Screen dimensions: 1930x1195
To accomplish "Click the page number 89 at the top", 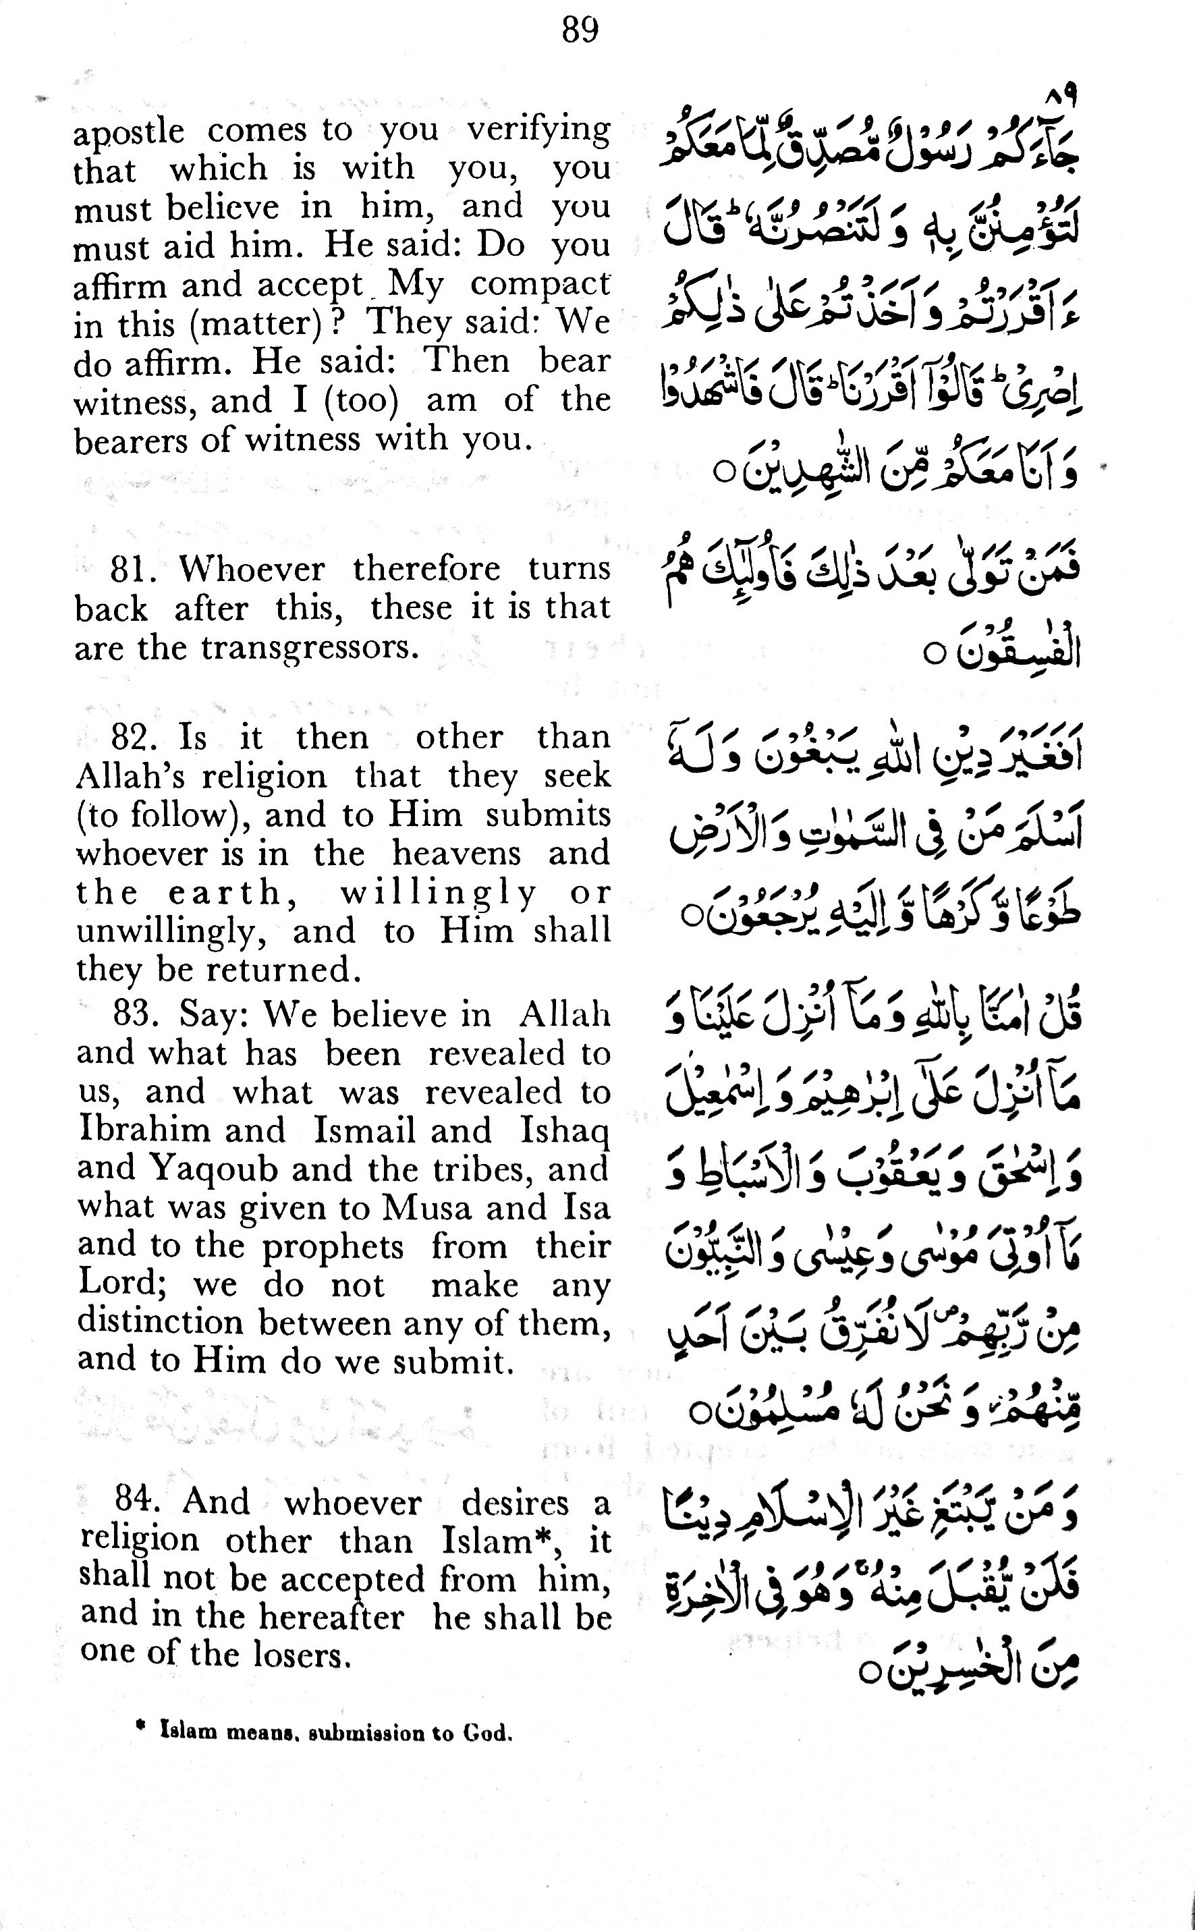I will point(580,31).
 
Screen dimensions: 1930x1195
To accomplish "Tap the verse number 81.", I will point(130,569).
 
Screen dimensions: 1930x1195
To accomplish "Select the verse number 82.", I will point(130,738).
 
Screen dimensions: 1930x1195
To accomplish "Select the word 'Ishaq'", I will point(564,1130).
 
